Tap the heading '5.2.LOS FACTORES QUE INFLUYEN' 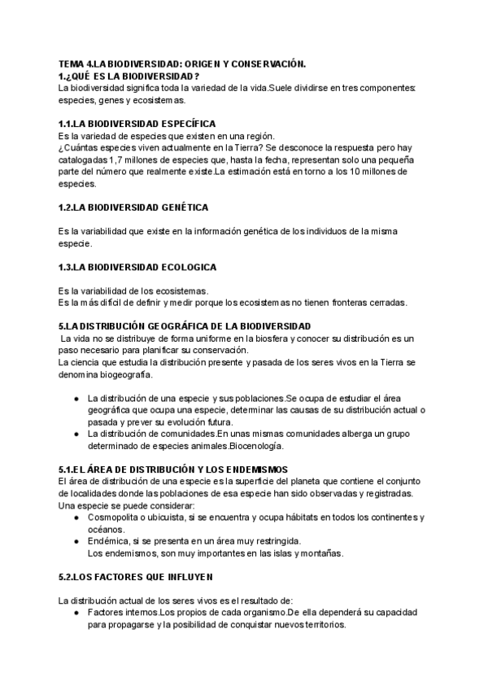tap(136, 577)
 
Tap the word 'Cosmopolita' tap(115, 517)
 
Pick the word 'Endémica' tap(107, 541)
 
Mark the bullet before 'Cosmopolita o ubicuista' tap(76, 517)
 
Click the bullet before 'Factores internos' tap(76, 613)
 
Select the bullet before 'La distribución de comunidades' tap(76, 434)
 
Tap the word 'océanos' tap(106, 529)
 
